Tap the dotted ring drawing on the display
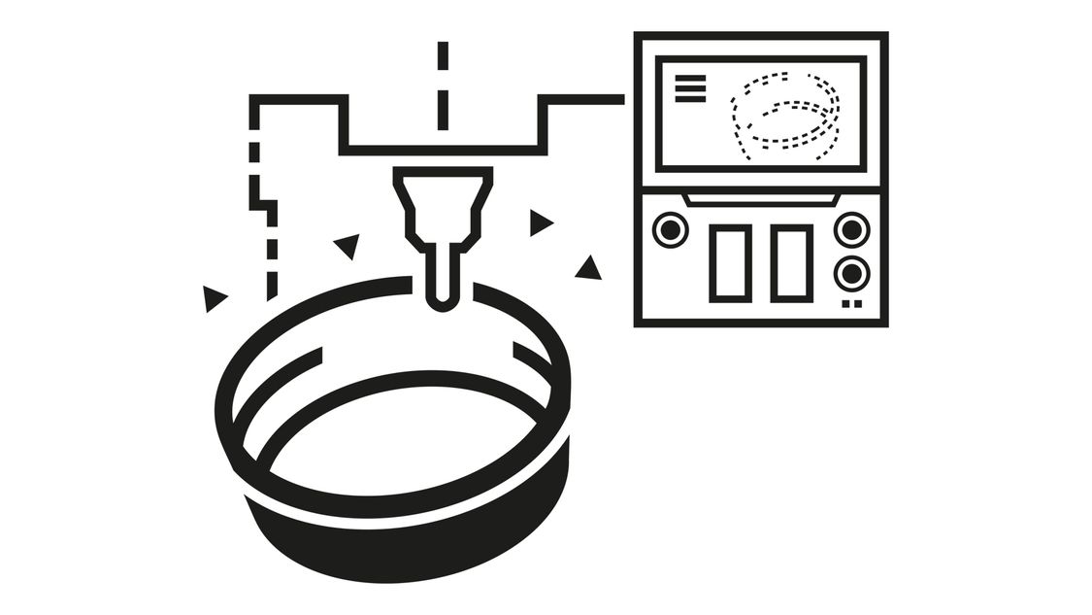[x=784, y=111]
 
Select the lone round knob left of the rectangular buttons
[x=670, y=230]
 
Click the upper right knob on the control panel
[x=851, y=229]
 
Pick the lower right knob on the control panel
[x=851, y=271]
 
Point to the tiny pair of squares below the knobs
[x=851, y=304]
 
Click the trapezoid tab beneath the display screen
[x=760, y=199]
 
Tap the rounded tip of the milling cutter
[x=442, y=296]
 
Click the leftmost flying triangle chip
[x=213, y=297]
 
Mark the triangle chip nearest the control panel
[x=588, y=269]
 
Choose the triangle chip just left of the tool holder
[x=347, y=245]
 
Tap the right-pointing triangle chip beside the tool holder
[x=540, y=222]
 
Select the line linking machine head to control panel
[x=582, y=98]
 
